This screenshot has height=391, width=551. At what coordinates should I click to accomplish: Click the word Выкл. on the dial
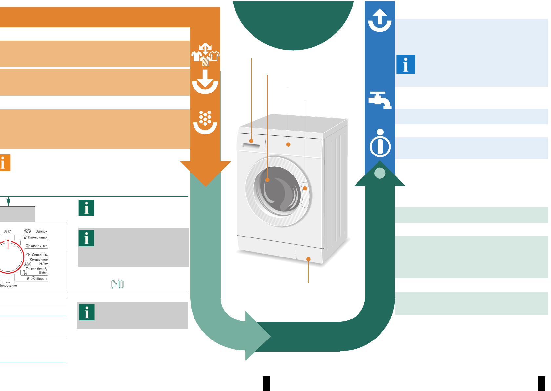coord(8,231)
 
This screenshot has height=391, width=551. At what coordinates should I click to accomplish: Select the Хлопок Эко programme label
coord(39,246)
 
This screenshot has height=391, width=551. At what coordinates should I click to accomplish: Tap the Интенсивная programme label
coord(37,237)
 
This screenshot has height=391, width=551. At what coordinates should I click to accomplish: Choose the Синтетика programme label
coord(40,255)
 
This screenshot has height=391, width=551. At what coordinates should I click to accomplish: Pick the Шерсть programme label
coord(41,279)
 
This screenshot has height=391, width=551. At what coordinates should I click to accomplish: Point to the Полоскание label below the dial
coord(9,286)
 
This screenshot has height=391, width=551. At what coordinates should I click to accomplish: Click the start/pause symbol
coord(117,284)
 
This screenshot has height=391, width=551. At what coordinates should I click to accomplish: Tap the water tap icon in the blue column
coord(380,100)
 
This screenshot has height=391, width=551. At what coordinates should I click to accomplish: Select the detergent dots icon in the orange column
coord(205,122)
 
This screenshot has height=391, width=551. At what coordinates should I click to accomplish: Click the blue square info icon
coord(406,65)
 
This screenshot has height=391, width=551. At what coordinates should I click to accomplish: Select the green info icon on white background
coord(87,208)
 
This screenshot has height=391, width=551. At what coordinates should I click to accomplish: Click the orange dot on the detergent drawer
coord(251,141)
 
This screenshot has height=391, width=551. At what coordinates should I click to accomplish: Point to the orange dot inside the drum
coord(267,180)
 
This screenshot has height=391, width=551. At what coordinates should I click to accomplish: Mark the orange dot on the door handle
coord(305,188)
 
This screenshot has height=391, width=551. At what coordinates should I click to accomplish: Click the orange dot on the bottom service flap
coord(308,259)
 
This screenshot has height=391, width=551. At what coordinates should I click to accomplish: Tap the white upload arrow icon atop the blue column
coord(380,20)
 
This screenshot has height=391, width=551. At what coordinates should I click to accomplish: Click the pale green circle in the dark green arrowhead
coord(380,173)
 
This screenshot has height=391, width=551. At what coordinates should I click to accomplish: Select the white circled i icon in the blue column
coord(380,143)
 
